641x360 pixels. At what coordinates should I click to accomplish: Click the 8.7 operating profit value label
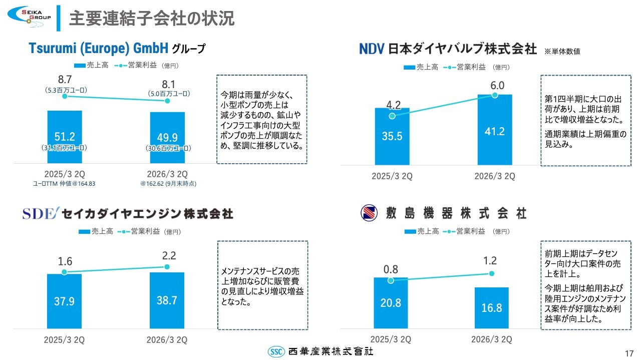[64, 79]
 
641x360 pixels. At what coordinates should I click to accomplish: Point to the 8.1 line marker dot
[167, 101]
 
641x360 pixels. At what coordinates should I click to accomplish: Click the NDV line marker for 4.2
[392, 116]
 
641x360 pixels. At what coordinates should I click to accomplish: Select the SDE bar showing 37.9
[64, 301]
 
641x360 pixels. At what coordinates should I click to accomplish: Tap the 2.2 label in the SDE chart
[167, 255]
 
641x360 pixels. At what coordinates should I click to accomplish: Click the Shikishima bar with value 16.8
[492, 308]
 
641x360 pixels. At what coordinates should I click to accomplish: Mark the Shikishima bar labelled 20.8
[391, 303]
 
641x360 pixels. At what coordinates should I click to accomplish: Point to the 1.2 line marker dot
[492, 273]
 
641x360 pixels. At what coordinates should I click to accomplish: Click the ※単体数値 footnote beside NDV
[562, 51]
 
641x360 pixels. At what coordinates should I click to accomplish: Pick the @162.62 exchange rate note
[168, 184]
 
